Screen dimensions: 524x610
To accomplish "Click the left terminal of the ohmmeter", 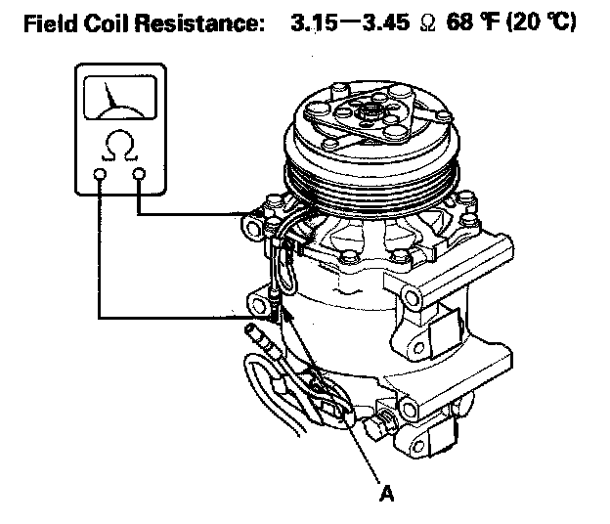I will point(100,175).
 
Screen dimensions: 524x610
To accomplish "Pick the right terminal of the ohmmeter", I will point(139,175).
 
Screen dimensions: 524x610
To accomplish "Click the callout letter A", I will point(388,495).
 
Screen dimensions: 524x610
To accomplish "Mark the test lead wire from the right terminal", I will point(196,214).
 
